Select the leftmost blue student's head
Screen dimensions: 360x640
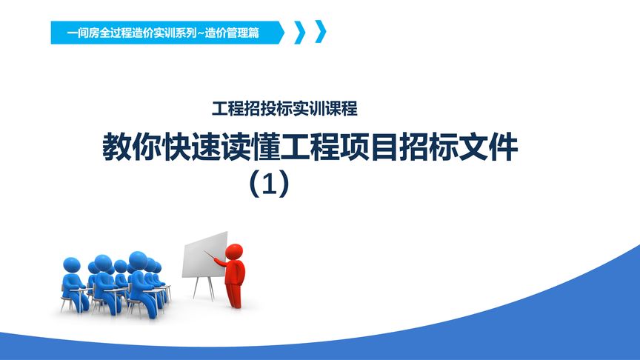[72, 264]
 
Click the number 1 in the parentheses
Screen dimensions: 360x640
[269, 184]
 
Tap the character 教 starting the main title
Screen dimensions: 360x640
[116, 147]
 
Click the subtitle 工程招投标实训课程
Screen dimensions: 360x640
[284, 109]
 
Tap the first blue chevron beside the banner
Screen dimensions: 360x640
[300, 33]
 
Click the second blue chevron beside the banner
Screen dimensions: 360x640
[320, 33]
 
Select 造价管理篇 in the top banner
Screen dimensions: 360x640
[234, 33]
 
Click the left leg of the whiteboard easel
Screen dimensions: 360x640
[195, 288]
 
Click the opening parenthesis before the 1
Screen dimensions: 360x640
[253, 184]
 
